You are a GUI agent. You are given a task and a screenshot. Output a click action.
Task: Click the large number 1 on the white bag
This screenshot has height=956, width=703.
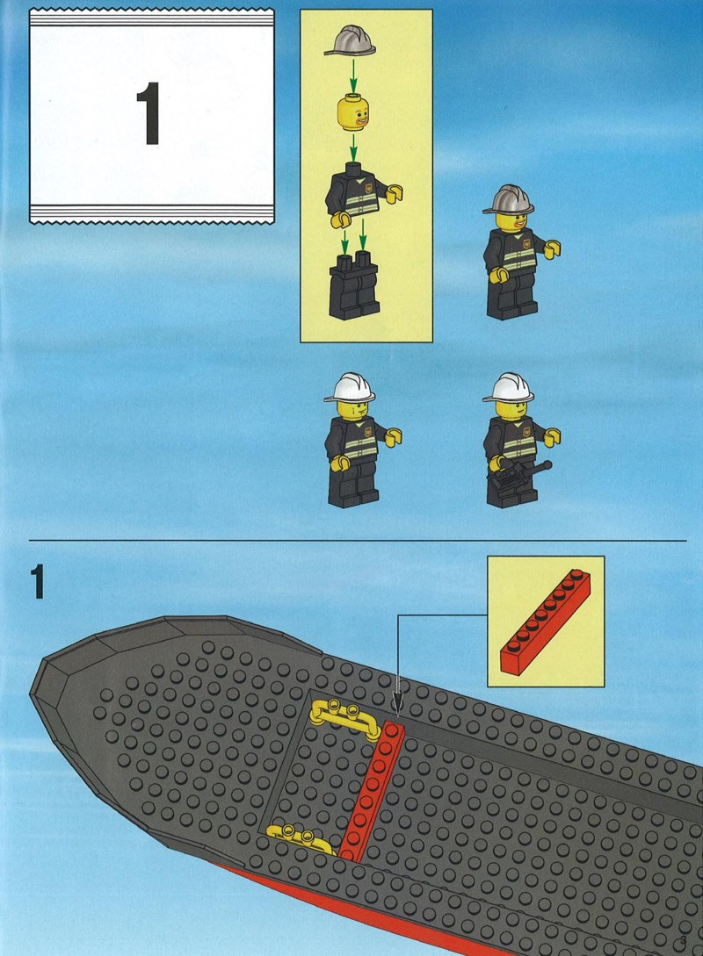point(149,114)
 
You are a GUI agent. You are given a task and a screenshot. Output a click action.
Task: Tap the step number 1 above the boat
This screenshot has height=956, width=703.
point(38,582)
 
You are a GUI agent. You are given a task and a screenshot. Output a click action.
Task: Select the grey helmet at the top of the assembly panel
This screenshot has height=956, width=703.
point(350,40)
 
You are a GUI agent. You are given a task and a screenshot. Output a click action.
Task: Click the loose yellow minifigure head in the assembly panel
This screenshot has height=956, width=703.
point(352,112)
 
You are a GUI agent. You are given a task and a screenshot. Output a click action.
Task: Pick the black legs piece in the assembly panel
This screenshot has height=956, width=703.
point(354,285)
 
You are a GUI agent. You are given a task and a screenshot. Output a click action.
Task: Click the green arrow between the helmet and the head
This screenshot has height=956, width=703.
point(352,75)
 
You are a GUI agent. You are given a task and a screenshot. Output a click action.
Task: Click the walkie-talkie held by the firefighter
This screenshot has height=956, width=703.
point(518,474)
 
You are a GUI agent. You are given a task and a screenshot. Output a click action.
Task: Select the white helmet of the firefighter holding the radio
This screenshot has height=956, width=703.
point(508,388)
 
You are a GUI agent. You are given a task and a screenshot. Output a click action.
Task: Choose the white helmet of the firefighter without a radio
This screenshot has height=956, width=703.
point(350,388)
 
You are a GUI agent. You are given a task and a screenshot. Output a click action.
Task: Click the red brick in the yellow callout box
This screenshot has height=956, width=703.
point(545,622)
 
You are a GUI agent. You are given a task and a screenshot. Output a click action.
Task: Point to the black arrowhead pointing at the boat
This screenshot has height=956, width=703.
point(398,701)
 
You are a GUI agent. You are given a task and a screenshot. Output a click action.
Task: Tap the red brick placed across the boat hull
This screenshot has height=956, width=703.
point(371,791)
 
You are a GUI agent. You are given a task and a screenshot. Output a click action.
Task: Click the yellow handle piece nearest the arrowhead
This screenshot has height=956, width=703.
point(344,717)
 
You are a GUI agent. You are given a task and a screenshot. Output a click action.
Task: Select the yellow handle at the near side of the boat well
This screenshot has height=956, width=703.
point(301,838)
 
